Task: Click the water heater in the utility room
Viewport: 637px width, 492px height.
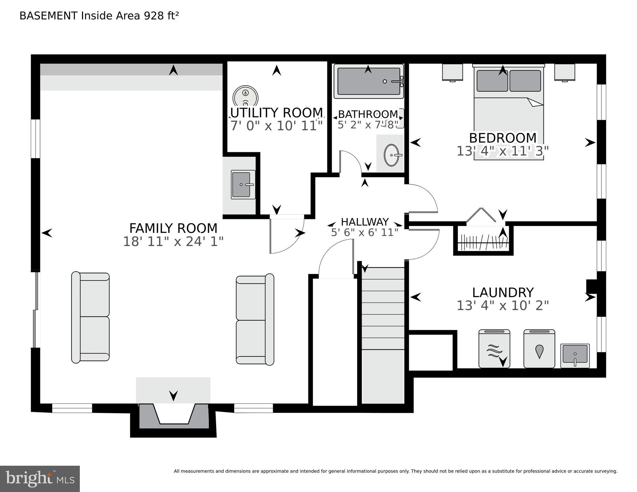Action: (x=245, y=96)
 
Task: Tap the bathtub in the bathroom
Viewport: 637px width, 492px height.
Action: (x=368, y=81)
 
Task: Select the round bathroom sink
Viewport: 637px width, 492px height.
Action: (x=391, y=155)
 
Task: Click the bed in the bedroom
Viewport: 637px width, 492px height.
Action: (x=508, y=112)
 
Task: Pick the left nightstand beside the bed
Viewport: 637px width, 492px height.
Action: (x=452, y=72)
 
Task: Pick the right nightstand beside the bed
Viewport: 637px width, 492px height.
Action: (x=565, y=72)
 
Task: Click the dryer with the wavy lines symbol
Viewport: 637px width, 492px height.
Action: (x=494, y=349)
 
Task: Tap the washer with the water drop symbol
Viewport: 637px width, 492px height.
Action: (x=539, y=349)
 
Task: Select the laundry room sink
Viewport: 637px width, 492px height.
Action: (x=575, y=355)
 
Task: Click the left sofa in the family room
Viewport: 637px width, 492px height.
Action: (x=90, y=317)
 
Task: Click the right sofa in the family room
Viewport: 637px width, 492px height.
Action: (x=255, y=320)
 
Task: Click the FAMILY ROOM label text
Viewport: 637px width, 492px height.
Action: (x=173, y=228)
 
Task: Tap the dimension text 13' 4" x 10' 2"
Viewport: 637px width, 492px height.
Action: (x=502, y=305)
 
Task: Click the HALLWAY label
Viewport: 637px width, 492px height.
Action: (x=365, y=221)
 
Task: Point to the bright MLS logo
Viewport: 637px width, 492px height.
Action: (x=40, y=479)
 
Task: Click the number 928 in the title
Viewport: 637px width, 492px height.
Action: (x=154, y=16)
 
